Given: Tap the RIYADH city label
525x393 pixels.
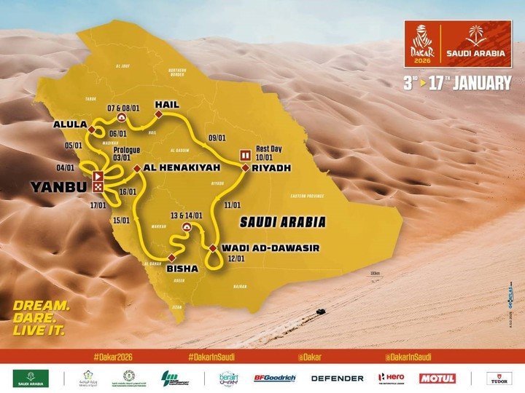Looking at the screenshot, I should pos(273,168).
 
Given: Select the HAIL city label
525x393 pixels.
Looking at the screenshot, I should pos(166,105).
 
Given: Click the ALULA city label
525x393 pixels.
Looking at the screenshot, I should pos(69,124).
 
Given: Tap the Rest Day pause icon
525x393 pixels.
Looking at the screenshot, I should pos(246,154).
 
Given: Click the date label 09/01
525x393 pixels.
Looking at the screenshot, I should pos(217,138).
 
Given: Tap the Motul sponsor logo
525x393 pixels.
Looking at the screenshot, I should pos(437,378).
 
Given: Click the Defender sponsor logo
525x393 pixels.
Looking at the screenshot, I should pos(337,378).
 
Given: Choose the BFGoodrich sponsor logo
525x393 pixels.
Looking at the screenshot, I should pos(276,378).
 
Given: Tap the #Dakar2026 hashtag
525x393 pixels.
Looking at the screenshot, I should pos(112,357).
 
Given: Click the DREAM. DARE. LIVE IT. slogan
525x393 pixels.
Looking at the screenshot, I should pos(41,317).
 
